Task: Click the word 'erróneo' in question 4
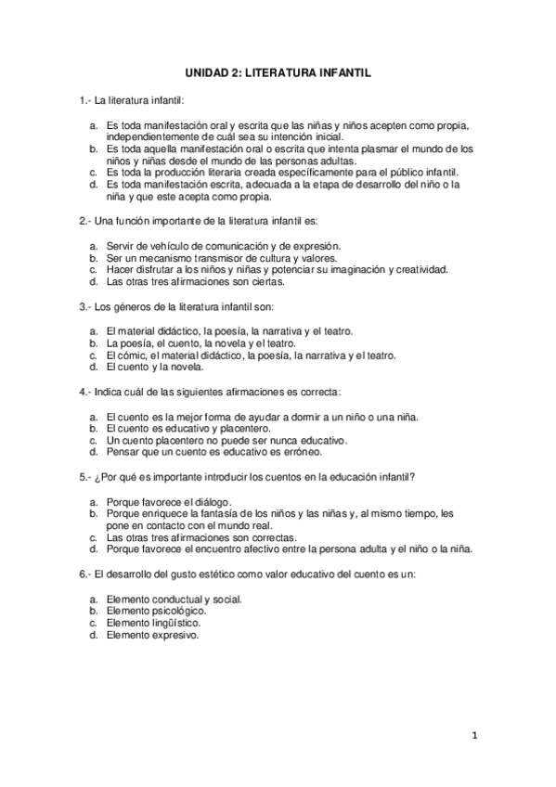coord(298,453)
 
